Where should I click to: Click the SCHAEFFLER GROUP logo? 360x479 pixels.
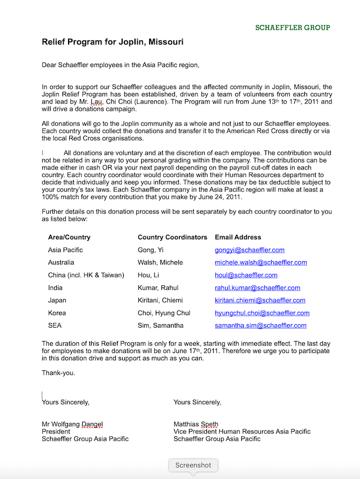pyautogui.click(x=292, y=27)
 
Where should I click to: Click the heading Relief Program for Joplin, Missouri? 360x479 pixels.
pyautogui.click(x=112, y=42)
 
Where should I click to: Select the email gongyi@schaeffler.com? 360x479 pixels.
pyautogui.click(x=249, y=250)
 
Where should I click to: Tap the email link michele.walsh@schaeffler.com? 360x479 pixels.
pyautogui.click(x=260, y=262)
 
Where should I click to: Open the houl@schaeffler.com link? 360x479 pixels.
pyautogui.click(x=246, y=275)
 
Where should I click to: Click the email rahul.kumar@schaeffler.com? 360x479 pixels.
pyautogui.click(x=257, y=288)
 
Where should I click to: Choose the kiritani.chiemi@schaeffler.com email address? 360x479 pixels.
pyautogui.click(x=260, y=301)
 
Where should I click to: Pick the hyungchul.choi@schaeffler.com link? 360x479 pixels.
pyautogui.click(x=262, y=313)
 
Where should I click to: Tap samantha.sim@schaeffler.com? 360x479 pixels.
pyautogui.click(x=260, y=325)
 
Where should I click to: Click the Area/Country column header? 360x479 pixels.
pyautogui.click(x=69, y=238)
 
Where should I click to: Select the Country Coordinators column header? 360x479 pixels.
pyautogui.click(x=172, y=238)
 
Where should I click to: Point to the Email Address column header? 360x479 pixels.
pyautogui.click(x=237, y=238)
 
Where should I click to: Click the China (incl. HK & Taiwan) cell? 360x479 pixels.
pyautogui.click(x=86, y=275)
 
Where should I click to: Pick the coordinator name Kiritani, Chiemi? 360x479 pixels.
pyautogui.click(x=160, y=301)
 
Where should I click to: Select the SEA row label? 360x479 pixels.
pyautogui.click(x=55, y=325)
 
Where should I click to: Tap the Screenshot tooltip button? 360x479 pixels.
pyautogui.click(x=193, y=465)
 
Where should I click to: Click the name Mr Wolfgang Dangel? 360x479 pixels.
pyautogui.click(x=72, y=424)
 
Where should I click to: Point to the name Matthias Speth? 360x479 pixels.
pyautogui.click(x=196, y=424)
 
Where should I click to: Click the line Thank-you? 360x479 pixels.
pyautogui.click(x=58, y=373)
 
